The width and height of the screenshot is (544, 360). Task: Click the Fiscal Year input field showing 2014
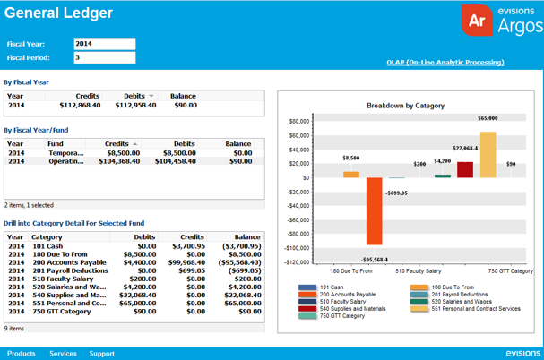pos(103,44)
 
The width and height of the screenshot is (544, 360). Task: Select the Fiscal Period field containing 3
pos(103,58)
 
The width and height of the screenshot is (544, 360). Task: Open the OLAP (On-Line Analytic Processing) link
pos(445,63)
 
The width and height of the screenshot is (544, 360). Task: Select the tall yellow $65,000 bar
pos(488,154)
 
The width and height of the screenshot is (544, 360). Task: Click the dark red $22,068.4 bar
pos(465,169)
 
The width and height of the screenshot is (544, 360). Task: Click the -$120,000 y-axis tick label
pos(295,262)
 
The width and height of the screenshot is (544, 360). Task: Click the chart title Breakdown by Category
pos(406,106)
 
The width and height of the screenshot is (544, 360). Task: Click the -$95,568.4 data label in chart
pos(375,259)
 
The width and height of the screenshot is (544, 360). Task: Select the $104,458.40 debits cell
pos(172,161)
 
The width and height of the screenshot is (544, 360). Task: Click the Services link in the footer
pos(63,354)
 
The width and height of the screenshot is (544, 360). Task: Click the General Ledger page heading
pos(58,13)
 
